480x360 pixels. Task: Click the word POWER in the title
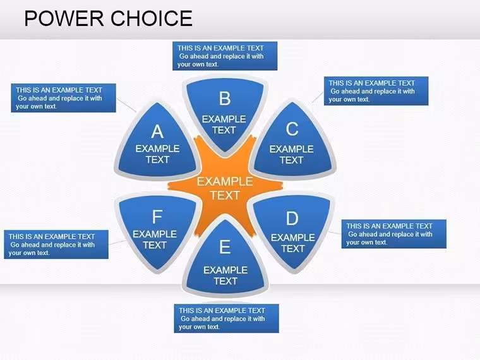[64, 18]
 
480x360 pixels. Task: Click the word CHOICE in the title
[152, 18]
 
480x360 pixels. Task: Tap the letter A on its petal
[157, 131]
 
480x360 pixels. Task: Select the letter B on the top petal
[225, 99]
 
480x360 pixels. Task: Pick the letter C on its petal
[292, 129]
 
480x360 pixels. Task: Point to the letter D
[292, 219]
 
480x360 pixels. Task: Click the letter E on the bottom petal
[225, 247]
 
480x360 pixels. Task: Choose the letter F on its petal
[157, 217]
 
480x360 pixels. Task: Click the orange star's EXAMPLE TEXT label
[225, 188]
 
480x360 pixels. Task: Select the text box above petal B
[225, 56]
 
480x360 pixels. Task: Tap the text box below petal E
[227, 318]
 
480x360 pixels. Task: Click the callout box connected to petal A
[63, 98]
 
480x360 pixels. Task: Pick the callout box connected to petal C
[376, 91]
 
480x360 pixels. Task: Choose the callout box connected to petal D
[394, 234]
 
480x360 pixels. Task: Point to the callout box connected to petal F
[56, 244]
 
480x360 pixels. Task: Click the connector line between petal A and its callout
[126, 105]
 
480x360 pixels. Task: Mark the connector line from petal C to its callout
[318, 97]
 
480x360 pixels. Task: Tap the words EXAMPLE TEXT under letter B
[224, 124]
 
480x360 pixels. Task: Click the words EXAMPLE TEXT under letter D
[293, 243]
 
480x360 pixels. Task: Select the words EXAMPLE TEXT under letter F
[155, 239]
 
